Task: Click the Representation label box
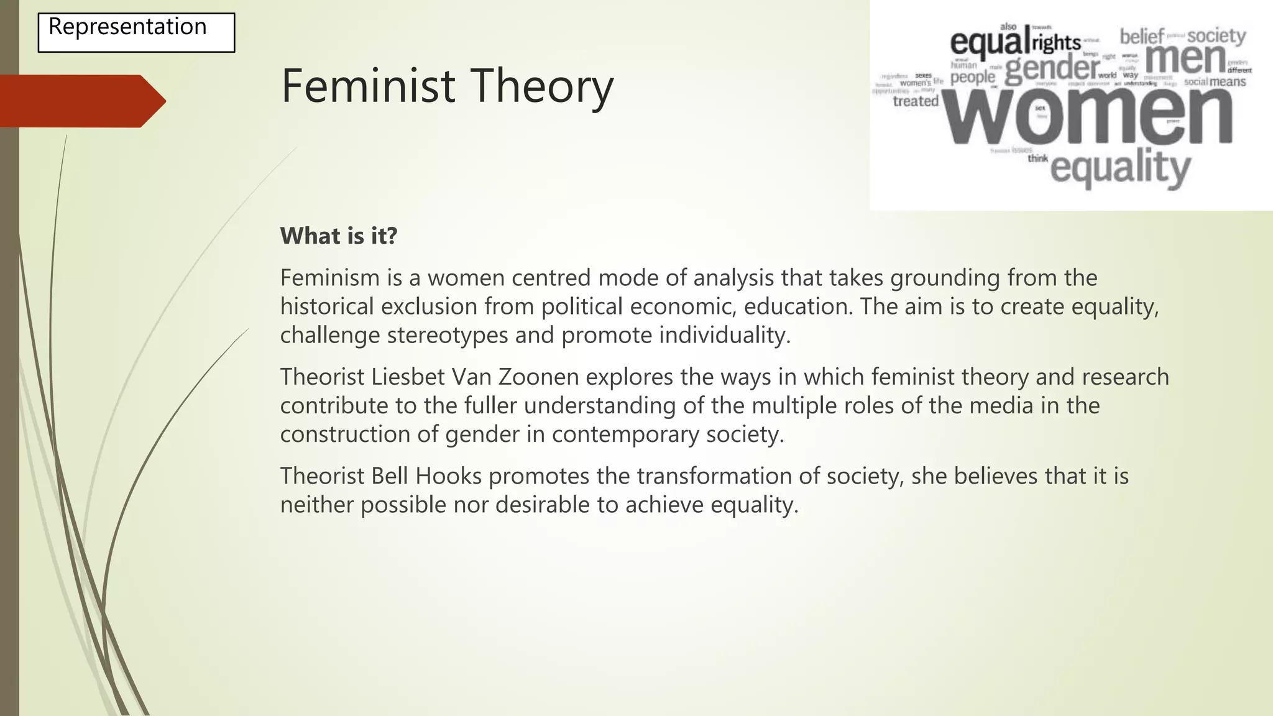[136, 32]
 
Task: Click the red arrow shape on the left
[81, 101]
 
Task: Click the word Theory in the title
[541, 87]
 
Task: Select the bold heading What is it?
[339, 236]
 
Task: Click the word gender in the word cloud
[1050, 68]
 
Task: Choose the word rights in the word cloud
[1056, 43]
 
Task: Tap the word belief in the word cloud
[1141, 37]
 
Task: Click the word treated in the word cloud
[915, 101]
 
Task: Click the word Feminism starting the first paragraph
[329, 278]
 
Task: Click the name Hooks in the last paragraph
[448, 476]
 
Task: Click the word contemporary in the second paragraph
[625, 434]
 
